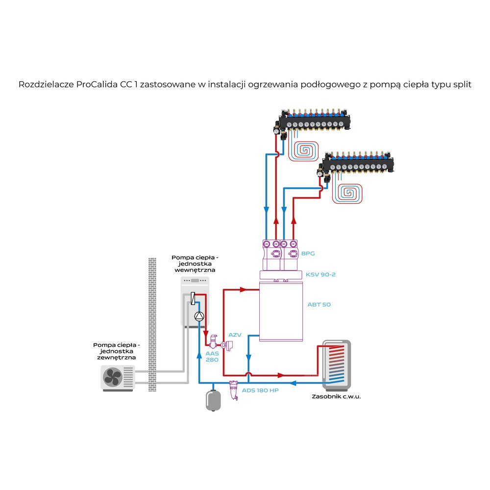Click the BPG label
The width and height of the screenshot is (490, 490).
308,254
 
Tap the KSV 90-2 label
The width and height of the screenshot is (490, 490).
320,274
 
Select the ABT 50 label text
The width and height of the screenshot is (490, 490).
319,304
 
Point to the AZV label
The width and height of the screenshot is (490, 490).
235,335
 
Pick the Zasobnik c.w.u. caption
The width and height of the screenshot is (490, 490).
336,396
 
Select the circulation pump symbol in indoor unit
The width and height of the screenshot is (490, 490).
199,317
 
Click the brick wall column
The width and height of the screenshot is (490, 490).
152,323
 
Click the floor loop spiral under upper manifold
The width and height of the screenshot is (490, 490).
306,149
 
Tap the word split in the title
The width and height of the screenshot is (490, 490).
461,84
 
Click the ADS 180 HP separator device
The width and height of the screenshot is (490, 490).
234,390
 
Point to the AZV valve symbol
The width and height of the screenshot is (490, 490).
226,344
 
